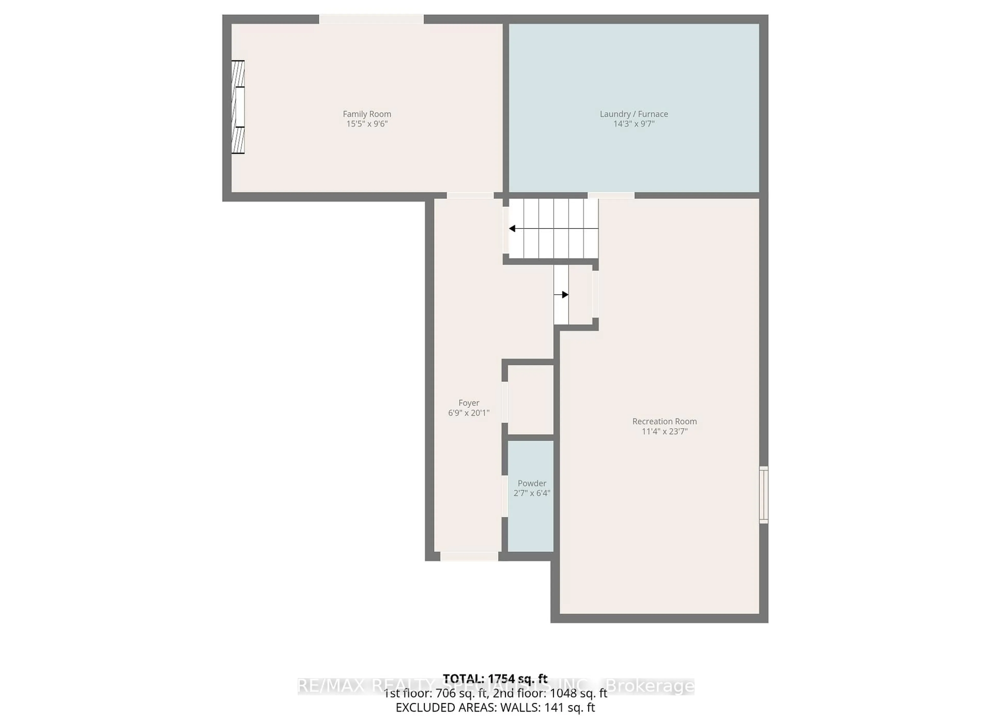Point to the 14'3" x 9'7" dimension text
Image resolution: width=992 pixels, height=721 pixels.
pyautogui.click(x=634, y=124)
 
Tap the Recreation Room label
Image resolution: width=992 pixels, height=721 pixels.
pyautogui.click(x=664, y=421)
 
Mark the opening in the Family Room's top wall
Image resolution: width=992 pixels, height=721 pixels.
pyautogui.click(x=371, y=19)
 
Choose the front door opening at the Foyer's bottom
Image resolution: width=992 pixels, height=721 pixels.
pyautogui.click(x=469, y=557)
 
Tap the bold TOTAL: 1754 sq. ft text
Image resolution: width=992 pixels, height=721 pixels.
pyautogui.click(x=495, y=679)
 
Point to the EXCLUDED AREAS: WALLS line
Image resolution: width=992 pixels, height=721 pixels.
pyautogui.click(x=495, y=708)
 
